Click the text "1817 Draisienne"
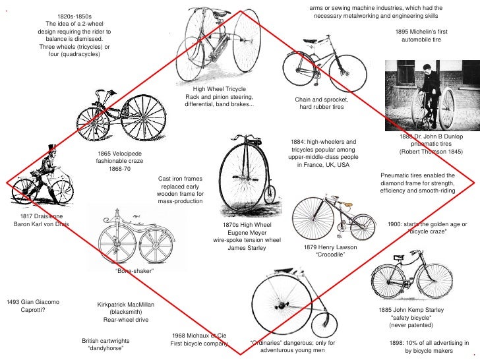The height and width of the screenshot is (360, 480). coord(41,216)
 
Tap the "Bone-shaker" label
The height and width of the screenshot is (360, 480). coord(135,271)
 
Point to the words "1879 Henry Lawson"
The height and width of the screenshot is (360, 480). coord(330,247)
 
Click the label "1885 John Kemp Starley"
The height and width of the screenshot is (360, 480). coord(411,310)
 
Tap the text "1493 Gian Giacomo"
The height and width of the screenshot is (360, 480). coord(33,302)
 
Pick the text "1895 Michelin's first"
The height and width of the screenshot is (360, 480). coord(421,32)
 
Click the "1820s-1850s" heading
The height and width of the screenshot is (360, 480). coord(75,15)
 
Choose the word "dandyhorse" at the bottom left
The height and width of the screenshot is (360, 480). coord(107,347)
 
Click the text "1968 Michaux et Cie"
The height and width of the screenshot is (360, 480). coord(199,336)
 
